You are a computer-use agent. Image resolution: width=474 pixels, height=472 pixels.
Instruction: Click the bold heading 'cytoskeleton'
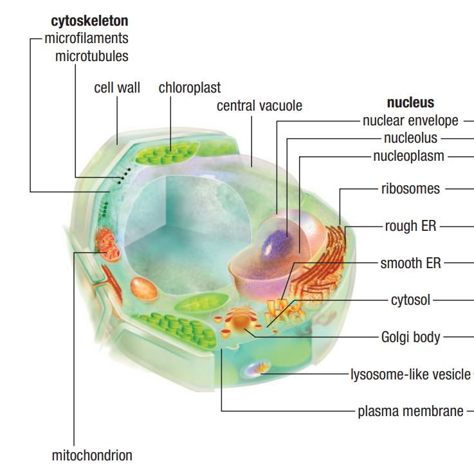[x=89, y=21]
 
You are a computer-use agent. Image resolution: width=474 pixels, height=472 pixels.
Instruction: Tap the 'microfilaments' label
[x=86, y=38]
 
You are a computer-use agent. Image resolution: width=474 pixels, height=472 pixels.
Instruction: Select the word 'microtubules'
[x=91, y=56]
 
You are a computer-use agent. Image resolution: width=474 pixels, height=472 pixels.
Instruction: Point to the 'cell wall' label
[x=117, y=87]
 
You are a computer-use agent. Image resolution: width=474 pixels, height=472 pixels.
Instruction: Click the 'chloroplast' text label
[x=190, y=87]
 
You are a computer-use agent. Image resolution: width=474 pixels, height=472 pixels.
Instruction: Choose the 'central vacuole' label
[x=259, y=105]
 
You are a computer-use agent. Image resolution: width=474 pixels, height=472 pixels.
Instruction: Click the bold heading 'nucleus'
[x=410, y=102]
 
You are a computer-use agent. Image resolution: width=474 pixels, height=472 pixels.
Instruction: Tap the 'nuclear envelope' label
[x=410, y=120]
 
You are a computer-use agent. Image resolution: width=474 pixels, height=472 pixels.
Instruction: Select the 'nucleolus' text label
[x=410, y=138]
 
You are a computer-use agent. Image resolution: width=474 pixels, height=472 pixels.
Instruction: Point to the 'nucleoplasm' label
[x=408, y=156]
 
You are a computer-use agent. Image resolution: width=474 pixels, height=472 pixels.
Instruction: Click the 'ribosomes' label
[x=410, y=189]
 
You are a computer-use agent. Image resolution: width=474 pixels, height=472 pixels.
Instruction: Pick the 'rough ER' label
[x=412, y=226]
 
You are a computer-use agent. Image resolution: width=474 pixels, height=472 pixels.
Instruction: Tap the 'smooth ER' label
[x=410, y=263]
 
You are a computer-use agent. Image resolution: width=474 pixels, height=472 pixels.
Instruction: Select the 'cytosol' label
[x=410, y=300]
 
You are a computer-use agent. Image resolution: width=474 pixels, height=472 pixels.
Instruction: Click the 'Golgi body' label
[x=410, y=337]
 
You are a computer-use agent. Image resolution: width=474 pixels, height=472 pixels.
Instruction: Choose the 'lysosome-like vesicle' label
[x=410, y=374]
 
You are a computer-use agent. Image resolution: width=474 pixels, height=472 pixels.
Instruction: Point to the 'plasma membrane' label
[x=410, y=412]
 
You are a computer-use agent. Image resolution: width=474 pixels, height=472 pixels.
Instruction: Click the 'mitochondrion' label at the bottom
[x=92, y=456]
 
